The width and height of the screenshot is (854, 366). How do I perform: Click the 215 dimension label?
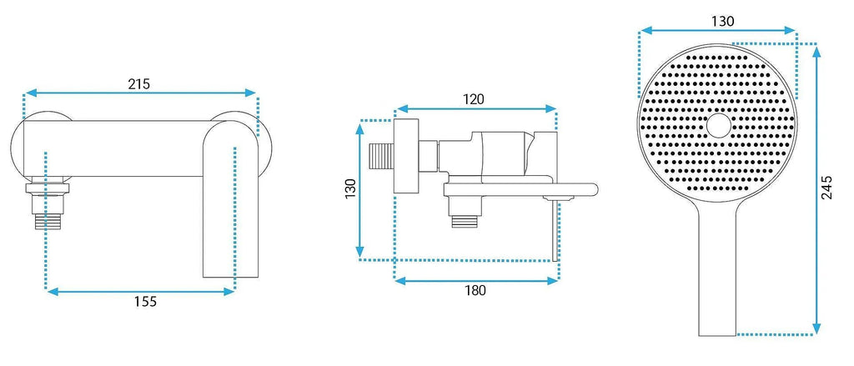pyautogui.click(x=139, y=84)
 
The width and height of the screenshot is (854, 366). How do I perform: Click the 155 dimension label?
pyautogui.click(x=145, y=301)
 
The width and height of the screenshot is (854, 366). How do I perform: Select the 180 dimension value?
pyautogui.click(x=475, y=290)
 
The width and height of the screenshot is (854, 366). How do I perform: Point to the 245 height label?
pyautogui.click(x=826, y=188)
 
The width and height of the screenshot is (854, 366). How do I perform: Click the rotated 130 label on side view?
pyautogui.click(x=350, y=188)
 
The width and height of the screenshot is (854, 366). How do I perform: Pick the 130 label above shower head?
pyautogui.click(x=723, y=21)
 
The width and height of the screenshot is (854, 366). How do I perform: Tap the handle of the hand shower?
pyautogui.click(x=717, y=273)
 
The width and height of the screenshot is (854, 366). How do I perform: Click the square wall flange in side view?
pyautogui.click(x=405, y=155)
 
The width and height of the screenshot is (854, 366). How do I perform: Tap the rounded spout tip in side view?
pyautogui.click(x=593, y=189)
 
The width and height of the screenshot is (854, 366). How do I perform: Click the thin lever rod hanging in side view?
pyautogui.click(x=555, y=231)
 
